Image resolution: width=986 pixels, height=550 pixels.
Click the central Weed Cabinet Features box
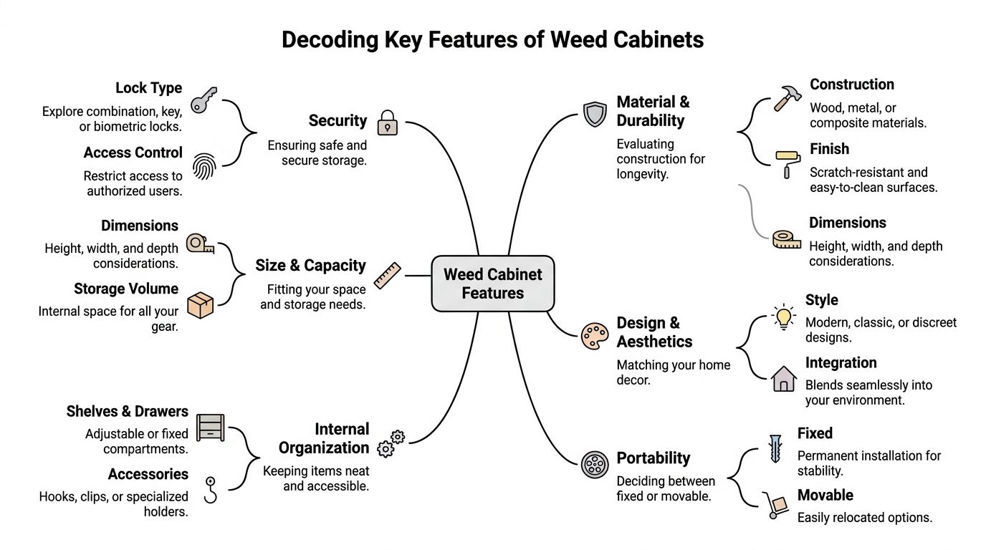(492, 284)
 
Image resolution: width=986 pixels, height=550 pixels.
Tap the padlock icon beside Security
(387, 122)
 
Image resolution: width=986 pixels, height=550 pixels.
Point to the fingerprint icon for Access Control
(205, 165)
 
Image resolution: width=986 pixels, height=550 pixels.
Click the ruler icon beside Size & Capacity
(388, 275)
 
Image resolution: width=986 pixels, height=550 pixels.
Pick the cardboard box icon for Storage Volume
(200, 304)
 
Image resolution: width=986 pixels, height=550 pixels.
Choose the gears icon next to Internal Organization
(391, 443)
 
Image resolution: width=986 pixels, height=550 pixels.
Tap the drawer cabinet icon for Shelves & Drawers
(210, 428)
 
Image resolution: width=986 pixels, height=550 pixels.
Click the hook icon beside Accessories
(211, 491)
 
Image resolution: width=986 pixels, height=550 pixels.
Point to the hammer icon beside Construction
(786, 98)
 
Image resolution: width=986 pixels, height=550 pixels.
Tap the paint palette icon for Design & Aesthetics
(595, 335)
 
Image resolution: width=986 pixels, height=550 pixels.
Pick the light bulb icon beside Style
(784, 317)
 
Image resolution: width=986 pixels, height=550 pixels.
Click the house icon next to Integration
(784, 378)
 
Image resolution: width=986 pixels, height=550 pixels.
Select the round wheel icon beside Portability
(595, 465)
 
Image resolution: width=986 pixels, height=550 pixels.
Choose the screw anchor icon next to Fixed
(775, 448)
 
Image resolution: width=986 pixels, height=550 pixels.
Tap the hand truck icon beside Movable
(772, 506)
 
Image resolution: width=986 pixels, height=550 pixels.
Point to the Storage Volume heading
(126, 289)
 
